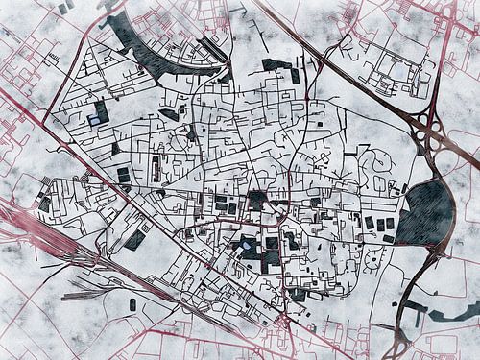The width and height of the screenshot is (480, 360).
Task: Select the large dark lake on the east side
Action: (425, 213)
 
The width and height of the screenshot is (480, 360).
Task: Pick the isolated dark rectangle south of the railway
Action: (132, 304)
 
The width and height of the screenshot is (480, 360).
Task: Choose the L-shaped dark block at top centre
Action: (279, 67)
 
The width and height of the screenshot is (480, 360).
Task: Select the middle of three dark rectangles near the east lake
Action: (381, 225)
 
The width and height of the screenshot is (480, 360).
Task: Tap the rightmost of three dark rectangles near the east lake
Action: (391, 224)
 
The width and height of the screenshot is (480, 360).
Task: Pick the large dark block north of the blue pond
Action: (257, 200)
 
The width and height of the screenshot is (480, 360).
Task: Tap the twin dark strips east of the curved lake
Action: (213, 48)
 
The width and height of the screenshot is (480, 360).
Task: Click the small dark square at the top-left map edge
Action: (63, 8)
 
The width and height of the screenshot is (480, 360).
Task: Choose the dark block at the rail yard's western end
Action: (45, 204)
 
